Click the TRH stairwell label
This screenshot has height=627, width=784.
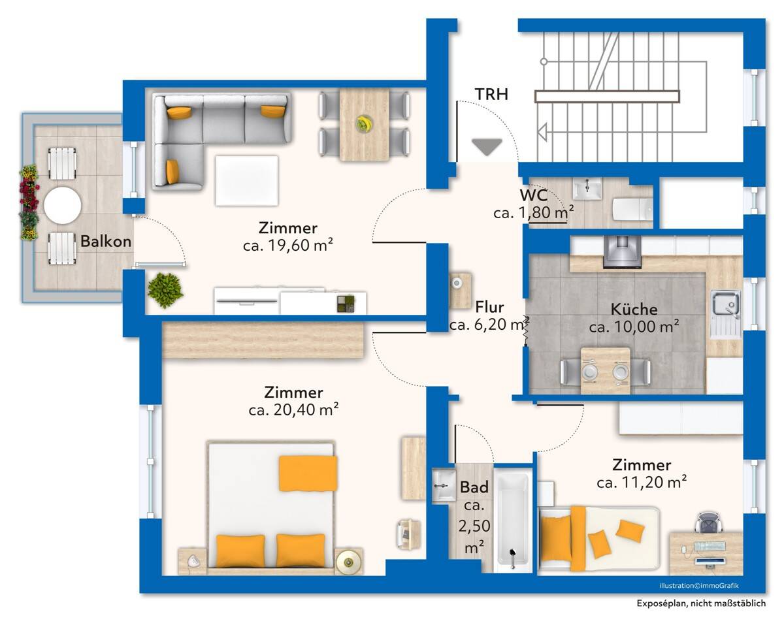tap(491, 94)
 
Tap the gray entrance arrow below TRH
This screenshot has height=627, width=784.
tap(487, 147)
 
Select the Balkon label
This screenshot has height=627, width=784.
tap(106, 241)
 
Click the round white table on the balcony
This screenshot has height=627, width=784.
tap(63, 206)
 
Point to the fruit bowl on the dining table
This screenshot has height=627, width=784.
tap(364, 124)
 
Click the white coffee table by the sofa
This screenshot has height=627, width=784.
tap(246, 180)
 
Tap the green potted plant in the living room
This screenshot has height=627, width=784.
tap(165, 291)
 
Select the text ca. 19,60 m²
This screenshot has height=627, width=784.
tap(288, 246)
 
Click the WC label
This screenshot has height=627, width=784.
tap(533, 196)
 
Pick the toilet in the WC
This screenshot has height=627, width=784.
tap(633, 210)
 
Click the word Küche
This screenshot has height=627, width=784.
tap(634, 310)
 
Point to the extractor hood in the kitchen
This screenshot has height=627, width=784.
tap(622, 251)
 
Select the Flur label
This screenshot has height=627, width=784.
tap(489, 307)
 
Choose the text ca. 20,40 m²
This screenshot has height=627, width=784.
tap(293, 410)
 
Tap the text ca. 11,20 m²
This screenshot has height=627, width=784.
tap(642, 483)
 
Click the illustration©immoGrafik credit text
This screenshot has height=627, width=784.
tap(699, 585)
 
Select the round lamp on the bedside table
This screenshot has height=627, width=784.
tap(349, 562)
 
